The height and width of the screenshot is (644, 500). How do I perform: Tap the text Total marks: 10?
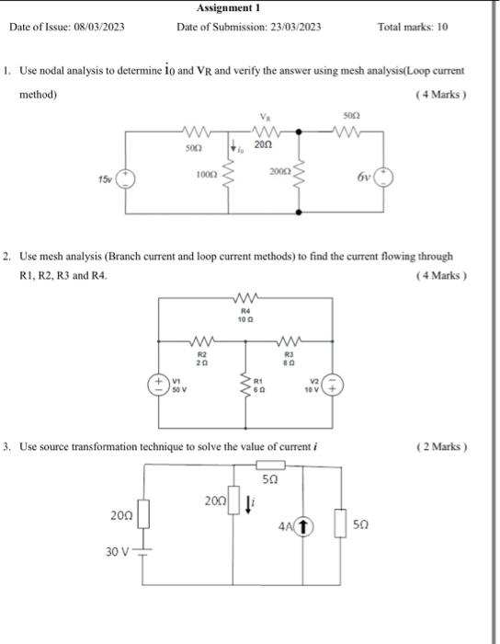(413, 27)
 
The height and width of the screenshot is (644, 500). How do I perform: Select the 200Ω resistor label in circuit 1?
(279, 173)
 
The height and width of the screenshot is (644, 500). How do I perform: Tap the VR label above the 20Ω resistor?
(266, 118)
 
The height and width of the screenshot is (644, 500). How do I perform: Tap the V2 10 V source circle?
(336, 384)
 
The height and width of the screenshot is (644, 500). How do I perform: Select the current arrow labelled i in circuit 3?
(251, 503)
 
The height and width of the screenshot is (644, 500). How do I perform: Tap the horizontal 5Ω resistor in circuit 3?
(268, 466)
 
